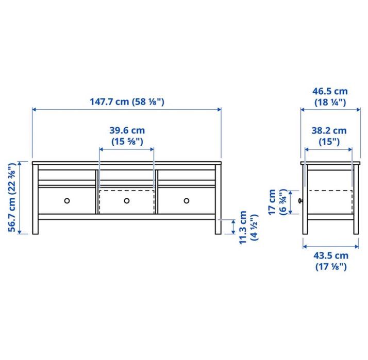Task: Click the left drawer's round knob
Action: tap(66, 200)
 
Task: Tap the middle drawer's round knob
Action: tap(127, 200)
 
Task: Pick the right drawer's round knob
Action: tap(187, 200)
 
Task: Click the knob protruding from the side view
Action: tap(299, 200)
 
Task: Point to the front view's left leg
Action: tap(35, 227)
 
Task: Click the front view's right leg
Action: tap(219, 227)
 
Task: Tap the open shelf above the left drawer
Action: tap(66, 176)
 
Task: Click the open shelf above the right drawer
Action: tap(187, 176)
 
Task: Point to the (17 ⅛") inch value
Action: tap(330, 266)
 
